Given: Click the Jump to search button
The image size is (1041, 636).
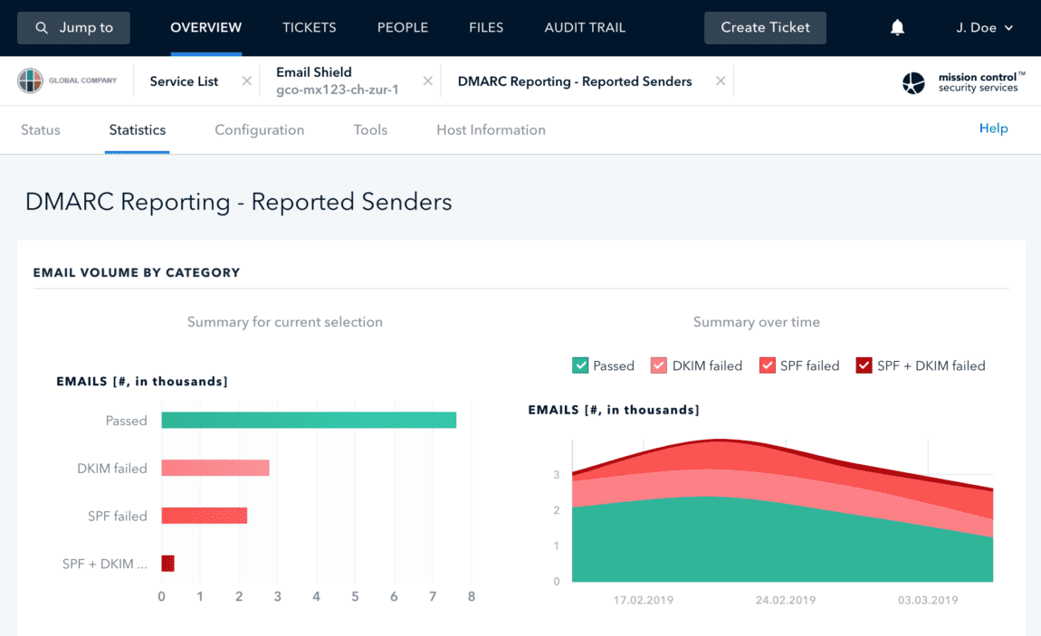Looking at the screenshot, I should (x=74, y=27).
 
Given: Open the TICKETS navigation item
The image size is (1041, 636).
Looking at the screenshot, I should (x=310, y=27).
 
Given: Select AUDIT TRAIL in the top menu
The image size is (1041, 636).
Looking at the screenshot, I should (x=585, y=27).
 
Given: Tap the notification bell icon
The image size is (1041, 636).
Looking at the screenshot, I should (x=897, y=28).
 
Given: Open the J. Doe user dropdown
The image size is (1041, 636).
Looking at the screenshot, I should (x=984, y=27).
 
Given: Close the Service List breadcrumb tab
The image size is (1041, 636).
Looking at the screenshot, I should (x=247, y=81).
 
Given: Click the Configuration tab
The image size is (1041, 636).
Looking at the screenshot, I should (x=259, y=129).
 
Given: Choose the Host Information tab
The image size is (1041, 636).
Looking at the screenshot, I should (x=491, y=129).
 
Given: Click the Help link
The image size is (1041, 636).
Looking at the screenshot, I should (x=993, y=128).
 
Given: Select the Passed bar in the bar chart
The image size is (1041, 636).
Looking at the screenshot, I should (x=309, y=421).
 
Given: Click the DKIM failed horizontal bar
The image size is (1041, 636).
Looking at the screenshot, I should (x=215, y=468).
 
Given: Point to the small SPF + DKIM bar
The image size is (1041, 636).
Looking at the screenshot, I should (x=167, y=564).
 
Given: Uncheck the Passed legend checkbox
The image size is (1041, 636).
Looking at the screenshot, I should (x=581, y=365).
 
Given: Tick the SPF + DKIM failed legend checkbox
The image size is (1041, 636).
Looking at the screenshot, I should (x=864, y=365).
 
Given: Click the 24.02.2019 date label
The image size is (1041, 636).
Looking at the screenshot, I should (x=784, y=600).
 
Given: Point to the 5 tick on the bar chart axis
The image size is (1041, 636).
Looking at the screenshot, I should (x=355, y=597).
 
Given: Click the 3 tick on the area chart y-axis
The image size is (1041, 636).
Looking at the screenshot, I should (x=557, y=475).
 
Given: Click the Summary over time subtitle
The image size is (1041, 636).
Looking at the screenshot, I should (x=756, y=322).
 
